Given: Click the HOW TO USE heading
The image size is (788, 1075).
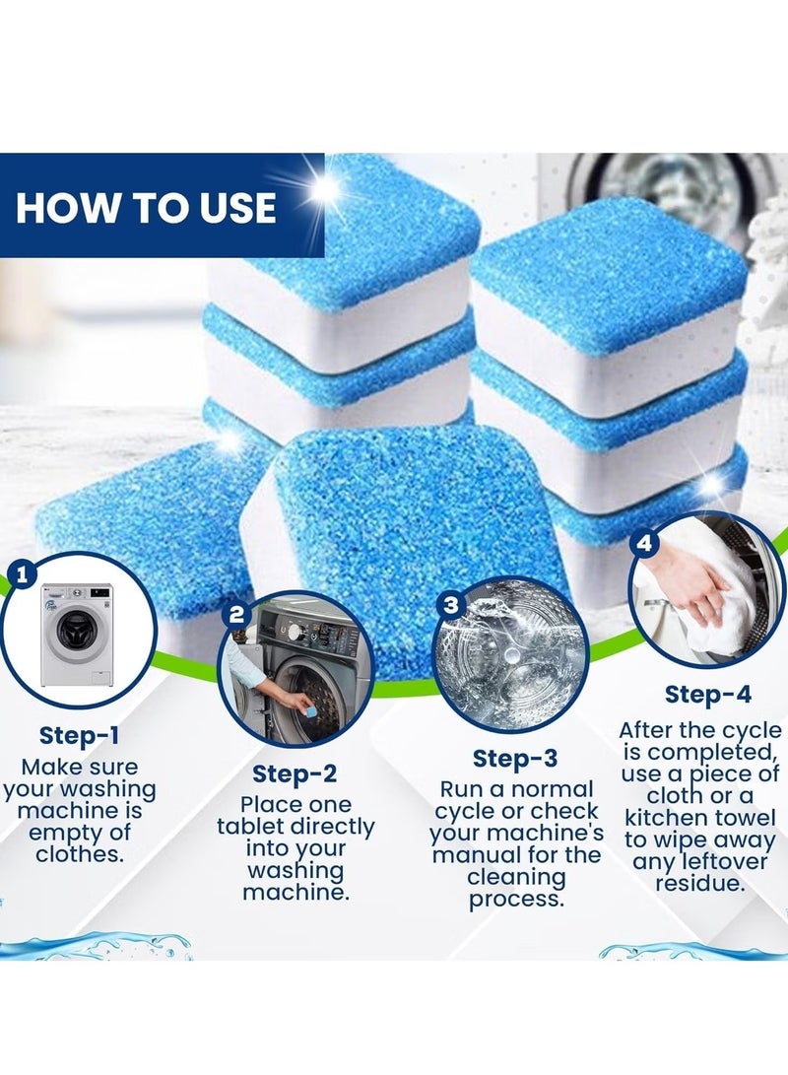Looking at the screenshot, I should coord(145,207).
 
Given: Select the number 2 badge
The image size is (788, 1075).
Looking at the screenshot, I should coord(236,616).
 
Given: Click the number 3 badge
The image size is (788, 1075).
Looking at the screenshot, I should coord(451,605).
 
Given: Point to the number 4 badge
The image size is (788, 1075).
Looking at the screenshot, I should coord(645,543).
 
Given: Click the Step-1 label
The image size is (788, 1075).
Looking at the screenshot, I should coord(80,735).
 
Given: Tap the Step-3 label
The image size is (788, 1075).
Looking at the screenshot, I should coord(515,758).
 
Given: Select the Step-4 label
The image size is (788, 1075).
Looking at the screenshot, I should coord(707,695).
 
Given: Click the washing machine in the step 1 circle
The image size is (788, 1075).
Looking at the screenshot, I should coord(77,634).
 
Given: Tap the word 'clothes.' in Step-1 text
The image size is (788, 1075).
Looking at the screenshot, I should coord(80,854).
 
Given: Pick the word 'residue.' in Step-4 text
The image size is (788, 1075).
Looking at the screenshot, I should coord(700,883).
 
